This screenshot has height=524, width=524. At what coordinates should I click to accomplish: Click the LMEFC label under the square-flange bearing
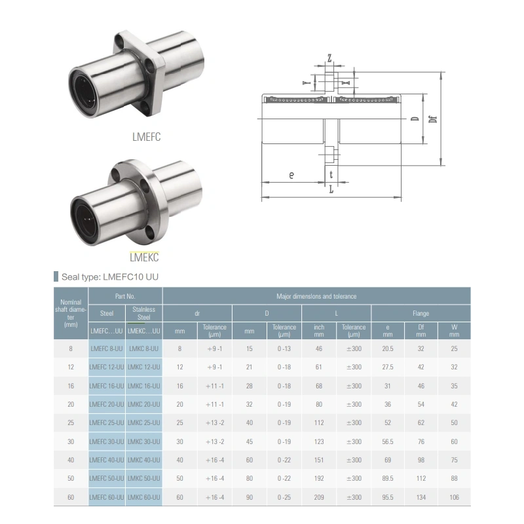point(146,137)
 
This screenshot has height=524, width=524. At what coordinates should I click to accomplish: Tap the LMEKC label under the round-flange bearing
point(144,257)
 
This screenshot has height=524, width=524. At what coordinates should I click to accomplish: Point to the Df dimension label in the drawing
point(433,119)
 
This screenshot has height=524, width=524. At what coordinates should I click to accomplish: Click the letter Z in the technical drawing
point(329,58)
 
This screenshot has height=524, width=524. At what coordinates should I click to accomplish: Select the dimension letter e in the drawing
point(291,175)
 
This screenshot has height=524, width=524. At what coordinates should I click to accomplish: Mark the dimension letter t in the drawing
point(331,174)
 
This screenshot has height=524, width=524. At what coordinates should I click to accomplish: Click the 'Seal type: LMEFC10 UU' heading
point(110,277)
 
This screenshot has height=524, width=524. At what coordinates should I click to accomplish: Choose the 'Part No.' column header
point(125,296)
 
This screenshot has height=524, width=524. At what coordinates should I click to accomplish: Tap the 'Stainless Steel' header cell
point(143,314)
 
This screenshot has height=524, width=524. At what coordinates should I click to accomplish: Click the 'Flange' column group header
point(421,314)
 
